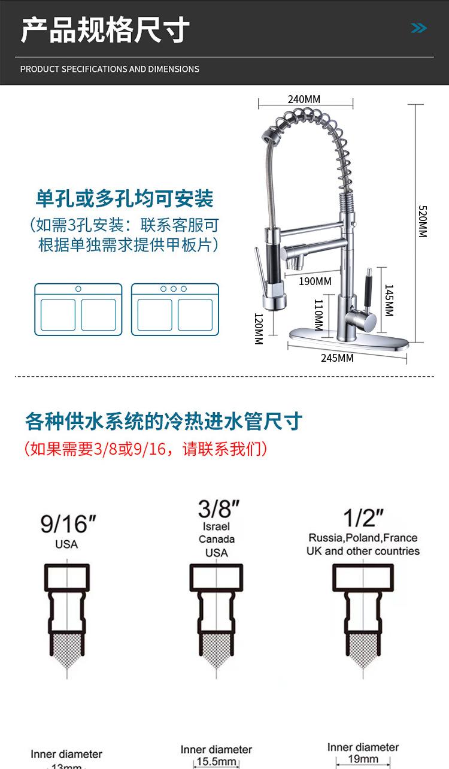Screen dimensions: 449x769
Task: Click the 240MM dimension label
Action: click(x=304, y=99)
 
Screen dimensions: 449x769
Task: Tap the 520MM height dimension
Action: click(x=422, y=222)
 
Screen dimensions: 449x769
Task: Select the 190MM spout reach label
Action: click(x=315, y=281)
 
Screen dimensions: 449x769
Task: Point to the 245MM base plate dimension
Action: click(x=337, y=358)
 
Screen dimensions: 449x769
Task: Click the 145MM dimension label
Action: click(x=389, y=300)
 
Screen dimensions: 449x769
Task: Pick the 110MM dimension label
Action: click(x=318, y=315)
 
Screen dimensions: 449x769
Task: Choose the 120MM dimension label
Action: click(x=258, y=328)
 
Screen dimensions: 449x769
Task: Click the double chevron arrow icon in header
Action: click(x=419, y=28)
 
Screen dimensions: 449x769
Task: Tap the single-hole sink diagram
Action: click(x=78, y=309)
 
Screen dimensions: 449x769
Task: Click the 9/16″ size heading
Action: click(x=68, y=525)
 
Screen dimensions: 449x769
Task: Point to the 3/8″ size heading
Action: click(x=219, y=509)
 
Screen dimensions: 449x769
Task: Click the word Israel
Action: click(x=217, y=527)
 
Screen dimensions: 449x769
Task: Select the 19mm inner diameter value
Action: click(x=363, y=759)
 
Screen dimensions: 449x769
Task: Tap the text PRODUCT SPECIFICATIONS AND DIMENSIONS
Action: click(x=110, y=69)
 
